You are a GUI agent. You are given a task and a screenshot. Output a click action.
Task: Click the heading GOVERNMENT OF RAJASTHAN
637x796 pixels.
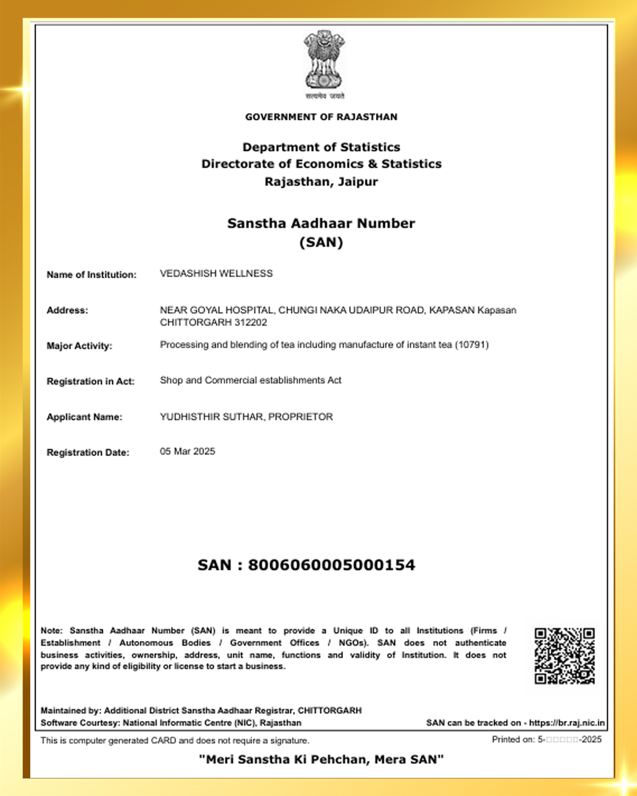[x=321, y=117]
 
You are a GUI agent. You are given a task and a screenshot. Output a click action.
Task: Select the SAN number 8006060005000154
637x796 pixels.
[x=331, y=565]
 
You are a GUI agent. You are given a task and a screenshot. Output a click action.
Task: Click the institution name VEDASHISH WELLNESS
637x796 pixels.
[x=216, y=274]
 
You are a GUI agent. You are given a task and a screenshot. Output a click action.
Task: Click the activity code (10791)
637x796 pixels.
[x=472, y=345]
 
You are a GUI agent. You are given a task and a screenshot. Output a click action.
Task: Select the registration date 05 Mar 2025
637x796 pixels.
[x=187, y=452]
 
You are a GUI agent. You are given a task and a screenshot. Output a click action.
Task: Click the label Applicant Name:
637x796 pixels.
[x=84, y=417]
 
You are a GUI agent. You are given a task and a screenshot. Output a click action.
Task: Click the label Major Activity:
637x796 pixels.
[x=79, y=346]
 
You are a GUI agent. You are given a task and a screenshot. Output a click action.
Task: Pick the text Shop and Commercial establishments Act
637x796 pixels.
[x=250, y=380]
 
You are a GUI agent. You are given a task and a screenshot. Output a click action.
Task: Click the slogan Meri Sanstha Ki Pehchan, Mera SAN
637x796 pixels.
[x=321, y=759]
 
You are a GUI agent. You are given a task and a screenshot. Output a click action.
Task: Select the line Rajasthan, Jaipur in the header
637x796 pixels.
[x=321, y=182]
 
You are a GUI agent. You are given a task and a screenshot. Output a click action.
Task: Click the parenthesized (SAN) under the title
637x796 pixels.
[x=321, y=243]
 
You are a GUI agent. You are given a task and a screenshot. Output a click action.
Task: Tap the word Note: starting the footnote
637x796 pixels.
[x=51, y=631]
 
